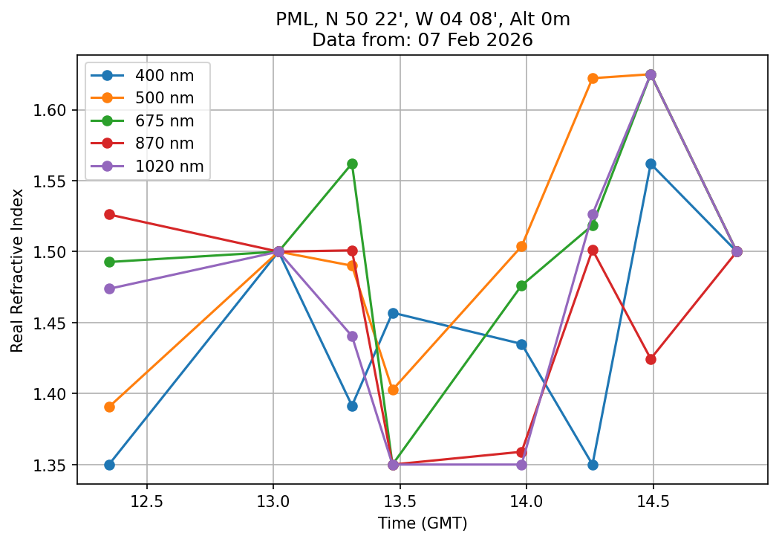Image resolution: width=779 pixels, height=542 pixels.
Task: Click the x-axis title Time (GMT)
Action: pos(422,523)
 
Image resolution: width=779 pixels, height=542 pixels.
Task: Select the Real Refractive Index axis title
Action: pos(17,270)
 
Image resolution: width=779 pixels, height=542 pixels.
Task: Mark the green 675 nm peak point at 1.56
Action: pos(352,164)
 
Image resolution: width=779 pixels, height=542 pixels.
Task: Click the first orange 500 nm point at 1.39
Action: pos(109,407)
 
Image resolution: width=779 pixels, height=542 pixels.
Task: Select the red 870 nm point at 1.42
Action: pos(651,359)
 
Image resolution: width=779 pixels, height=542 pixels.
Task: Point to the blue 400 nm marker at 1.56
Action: pos(651,164)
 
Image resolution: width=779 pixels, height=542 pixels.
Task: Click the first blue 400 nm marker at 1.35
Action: pos(109,465)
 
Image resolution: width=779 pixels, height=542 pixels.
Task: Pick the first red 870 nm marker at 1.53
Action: pos(109,214)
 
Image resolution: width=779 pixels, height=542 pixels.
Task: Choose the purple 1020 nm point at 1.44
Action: pos(352,336)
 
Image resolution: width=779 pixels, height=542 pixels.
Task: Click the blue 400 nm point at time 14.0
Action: pos(521,344)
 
